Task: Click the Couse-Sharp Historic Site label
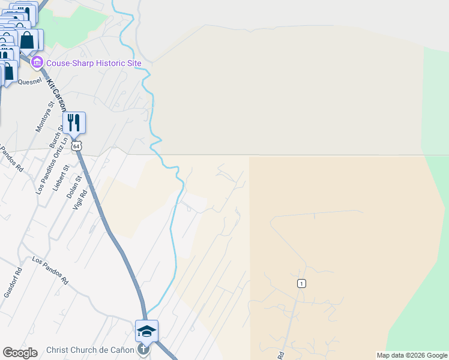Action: coord(94,63)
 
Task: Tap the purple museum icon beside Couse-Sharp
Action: coord(38,63)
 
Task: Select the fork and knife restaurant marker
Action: coord(74,123)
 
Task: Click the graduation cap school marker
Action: coord(147,331)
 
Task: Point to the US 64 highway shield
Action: coord(75,146)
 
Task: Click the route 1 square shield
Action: coord(301,283)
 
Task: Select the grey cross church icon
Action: coord(143,349)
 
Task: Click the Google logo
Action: coord(20,353)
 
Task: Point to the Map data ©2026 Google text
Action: coord(412,355)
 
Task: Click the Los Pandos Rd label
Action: coord(50,271)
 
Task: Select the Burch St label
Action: coord(56,137)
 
